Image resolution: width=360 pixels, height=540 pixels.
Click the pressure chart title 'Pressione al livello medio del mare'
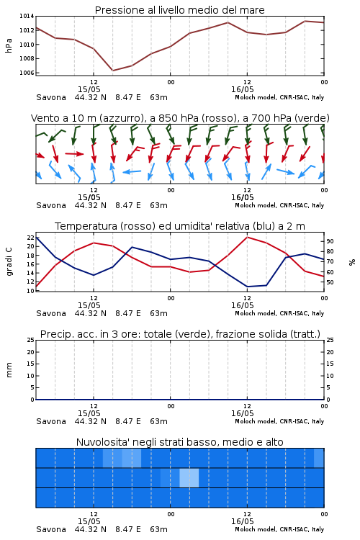(x=179, y=10)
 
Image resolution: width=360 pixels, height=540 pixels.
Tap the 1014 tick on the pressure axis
(x=27, y=16)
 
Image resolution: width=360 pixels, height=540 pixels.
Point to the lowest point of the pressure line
(x=112, y=71)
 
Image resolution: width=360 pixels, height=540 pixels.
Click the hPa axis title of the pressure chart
(x=9, y=45)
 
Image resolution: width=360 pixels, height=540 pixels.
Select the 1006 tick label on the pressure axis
(x=27, y=73)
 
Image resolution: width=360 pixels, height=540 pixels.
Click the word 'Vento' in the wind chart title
(x=45, y=118)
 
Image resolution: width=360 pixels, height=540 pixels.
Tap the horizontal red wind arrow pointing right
(x=74, y=153)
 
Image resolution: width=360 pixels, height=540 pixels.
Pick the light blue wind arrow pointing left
(x=132, y=171)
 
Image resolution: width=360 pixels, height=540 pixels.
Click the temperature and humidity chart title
(x=179, y=226)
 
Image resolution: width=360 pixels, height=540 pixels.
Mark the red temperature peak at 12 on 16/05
(x=248, y=237)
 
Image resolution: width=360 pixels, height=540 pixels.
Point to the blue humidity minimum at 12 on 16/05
(x=248, y=287)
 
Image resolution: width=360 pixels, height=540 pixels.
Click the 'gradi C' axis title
(x=9, y=262)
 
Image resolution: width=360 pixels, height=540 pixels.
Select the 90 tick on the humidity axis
(x=330, y=241)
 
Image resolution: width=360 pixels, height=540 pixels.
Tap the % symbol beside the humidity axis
(x=352, y=262)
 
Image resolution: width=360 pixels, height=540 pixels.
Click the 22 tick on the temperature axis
(x=30, y=238)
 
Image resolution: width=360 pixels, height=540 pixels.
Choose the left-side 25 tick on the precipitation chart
(x=30, y=340)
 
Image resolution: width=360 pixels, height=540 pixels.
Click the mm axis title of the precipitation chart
(x=9, y=370)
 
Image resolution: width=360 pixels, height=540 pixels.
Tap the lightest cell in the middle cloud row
(x=189, y=477)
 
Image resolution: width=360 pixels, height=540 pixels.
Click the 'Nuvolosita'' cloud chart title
(x=179, y=442)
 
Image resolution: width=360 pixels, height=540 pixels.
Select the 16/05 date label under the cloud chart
(x=242, y=521)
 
